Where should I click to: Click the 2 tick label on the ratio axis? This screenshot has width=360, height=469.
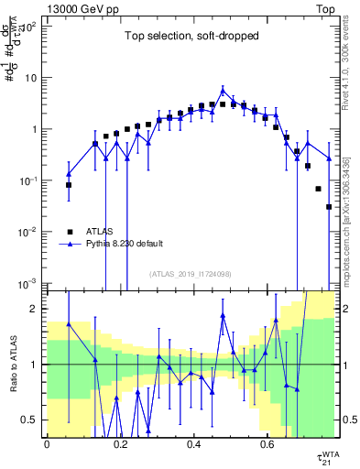[32, 309]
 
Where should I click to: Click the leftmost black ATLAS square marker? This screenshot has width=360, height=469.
[69, 185]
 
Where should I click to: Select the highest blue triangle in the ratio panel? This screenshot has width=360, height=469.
[223, 315]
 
